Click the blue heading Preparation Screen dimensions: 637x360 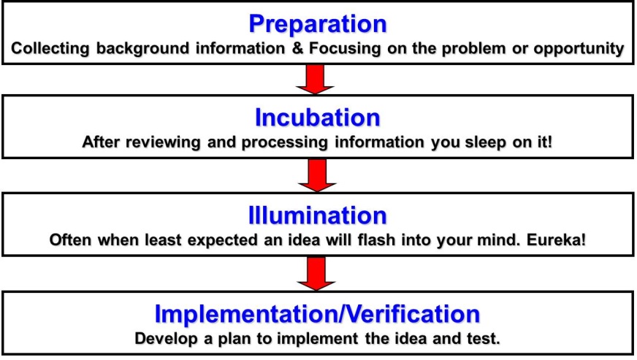(x=318, y=24)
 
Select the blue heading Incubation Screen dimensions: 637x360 (x=318, y=118)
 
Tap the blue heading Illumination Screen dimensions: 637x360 (x=318, y=215)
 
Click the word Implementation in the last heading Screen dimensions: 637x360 (x=247, y=315)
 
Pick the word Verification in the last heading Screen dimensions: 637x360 (x=413, y=314)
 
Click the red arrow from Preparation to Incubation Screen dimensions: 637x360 (x=316, y=80)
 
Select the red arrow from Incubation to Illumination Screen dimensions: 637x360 (x=317, y=175)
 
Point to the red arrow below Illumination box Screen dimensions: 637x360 (x=316, y=273)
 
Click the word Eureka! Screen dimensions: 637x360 (x=557, y=240)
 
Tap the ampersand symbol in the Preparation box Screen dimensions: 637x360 (x=298, y=48)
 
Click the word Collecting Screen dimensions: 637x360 (x=50, y=49)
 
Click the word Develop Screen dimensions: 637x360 (x=166, y=339)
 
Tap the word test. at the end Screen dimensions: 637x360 (x=483, y=339)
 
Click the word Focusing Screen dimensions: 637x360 (x=345, y=49)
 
